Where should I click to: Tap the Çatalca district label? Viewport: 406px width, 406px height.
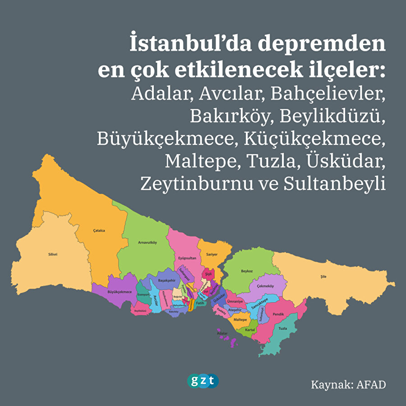click(x=99, y=231)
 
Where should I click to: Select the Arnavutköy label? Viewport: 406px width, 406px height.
click(x=147, y=243)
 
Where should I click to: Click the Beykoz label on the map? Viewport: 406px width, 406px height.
click(x=247, y=272)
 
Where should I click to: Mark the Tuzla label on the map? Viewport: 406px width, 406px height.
click(x=283, y=328)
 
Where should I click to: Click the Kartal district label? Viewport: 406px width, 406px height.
click(x=250, y=330)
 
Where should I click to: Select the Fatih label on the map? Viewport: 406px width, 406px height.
click(x=200, y=304)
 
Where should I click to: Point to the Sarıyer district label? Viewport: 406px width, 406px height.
click(x=212, y=254)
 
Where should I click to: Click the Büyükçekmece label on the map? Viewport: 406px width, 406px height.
click(x=120, y=292)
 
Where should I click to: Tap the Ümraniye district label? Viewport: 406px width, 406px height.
click(x=235, y=301)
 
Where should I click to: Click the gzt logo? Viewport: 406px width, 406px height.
click(x=203, y=381)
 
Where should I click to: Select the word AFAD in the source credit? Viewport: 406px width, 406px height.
click(x=372, y=385)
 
